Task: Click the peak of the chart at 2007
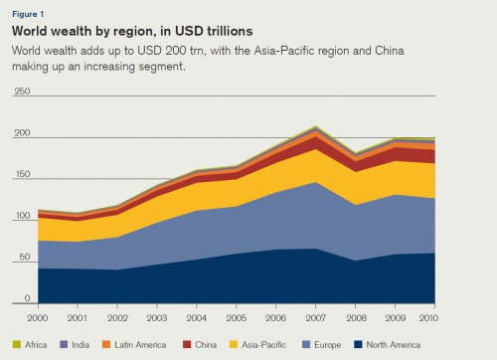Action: (x=316, y=127)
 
